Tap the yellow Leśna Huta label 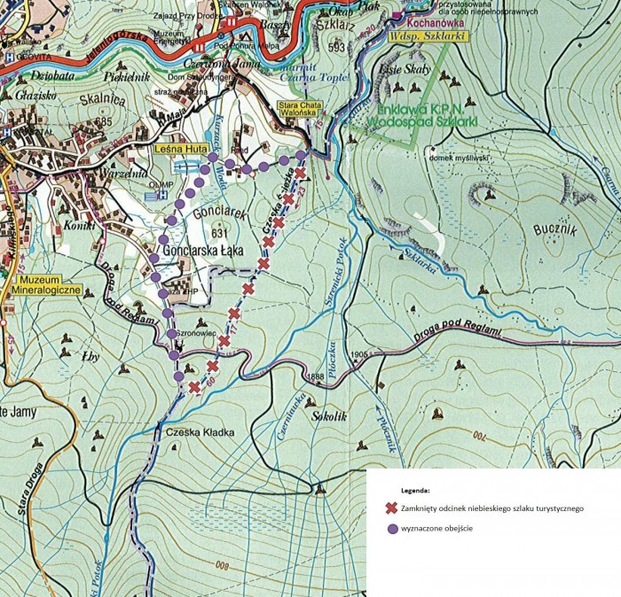point(175,150)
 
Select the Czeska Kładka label point(200,432)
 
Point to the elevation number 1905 point(358,354)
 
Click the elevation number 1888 point(315,376)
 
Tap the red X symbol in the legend point(389,508)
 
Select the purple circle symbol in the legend point(389,529)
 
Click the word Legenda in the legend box point(414,489)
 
